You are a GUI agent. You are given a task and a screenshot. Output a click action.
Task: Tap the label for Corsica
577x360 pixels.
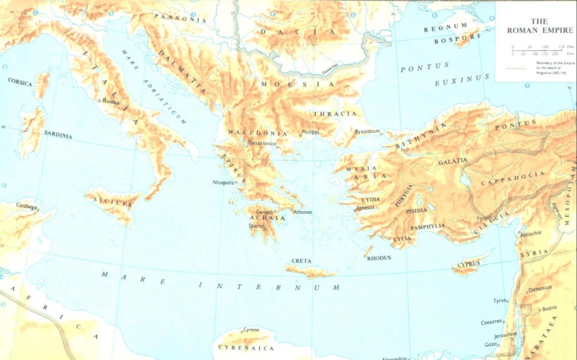pyautogui.click(x=20, y=82)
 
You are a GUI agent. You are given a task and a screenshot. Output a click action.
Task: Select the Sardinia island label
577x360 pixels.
pyautogui.click(x=58, y=135)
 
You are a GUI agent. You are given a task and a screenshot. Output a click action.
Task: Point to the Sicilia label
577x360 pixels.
pyautogui.click(x=113, y=201)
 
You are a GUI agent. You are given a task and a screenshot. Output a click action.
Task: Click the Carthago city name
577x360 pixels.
pyautogui.click(x=27, y=205)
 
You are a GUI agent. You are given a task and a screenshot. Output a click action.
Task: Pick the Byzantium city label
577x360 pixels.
pyautogui.click(x=368, y=132)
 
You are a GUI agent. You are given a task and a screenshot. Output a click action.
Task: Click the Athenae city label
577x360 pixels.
pyautogui.click(x=302, y=212)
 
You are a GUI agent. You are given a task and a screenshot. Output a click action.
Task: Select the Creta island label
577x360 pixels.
pyautogui.click(x=301, y=261)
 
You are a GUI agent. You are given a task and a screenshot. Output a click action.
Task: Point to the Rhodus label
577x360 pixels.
pyautogui.click(x=379, y=258)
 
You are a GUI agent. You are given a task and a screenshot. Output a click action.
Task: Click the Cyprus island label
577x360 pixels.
pyautogui.click(x=468, y=264)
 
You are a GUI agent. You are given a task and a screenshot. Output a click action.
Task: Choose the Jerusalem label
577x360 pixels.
pyautogui.click(x=505, y=335)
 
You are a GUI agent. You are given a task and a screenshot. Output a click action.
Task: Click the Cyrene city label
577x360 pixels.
pyautogui.click(x=251, y=330)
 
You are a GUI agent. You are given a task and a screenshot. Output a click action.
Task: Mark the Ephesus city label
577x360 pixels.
pyautogui.click(x=365, y=208)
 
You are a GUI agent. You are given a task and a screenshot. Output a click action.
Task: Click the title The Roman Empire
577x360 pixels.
pyautogui.click(x=535, y=26)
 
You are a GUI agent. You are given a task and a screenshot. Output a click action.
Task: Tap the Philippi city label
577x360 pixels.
pyautogui.click(x=310, y=132)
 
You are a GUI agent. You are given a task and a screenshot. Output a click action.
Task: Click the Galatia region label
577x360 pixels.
pyautogui.click(x=453, y=162)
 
